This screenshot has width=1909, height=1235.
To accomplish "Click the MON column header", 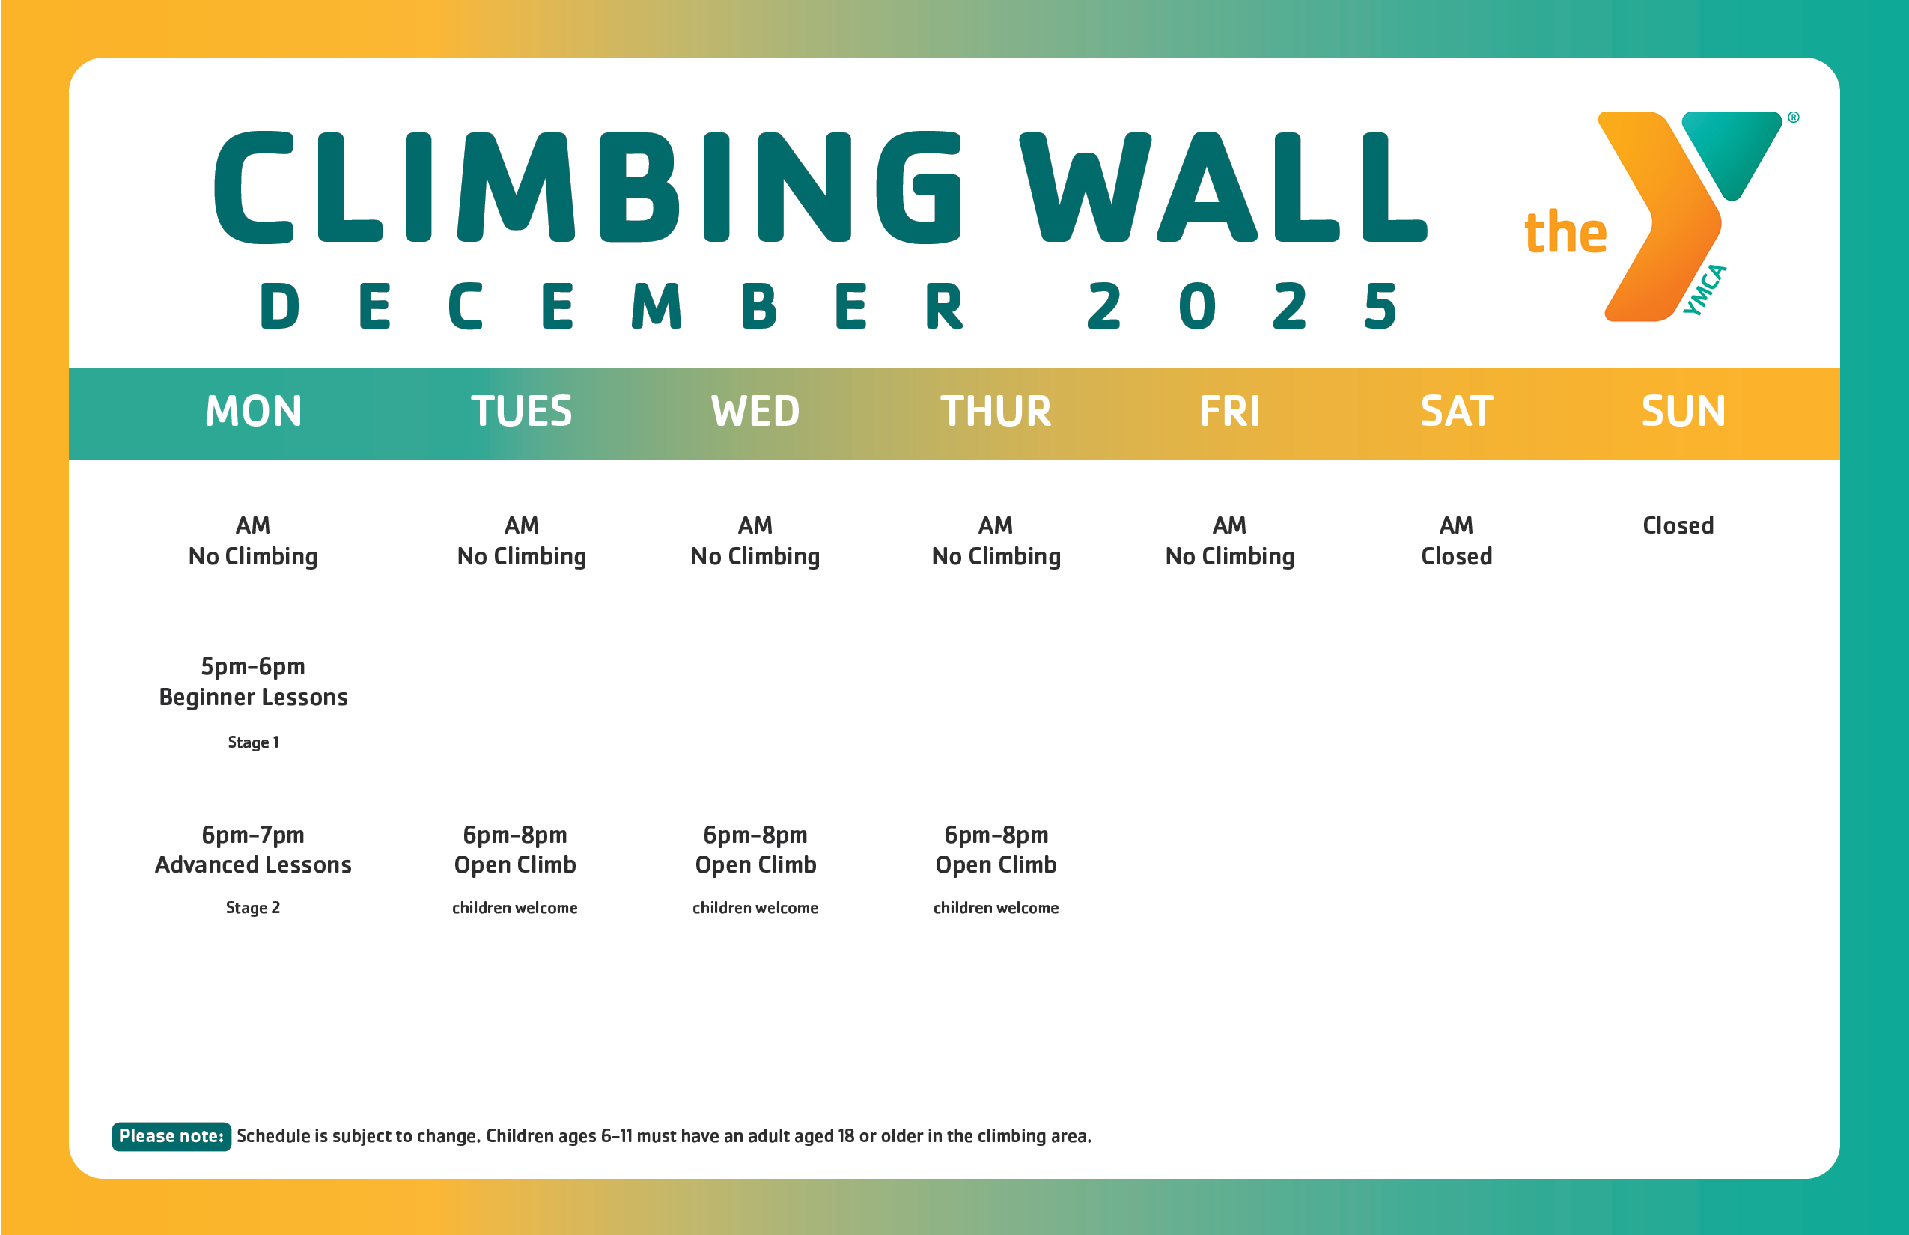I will [254, 412].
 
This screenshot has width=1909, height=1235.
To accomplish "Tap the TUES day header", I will [521, 412].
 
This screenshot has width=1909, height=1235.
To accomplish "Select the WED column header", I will [755, 412].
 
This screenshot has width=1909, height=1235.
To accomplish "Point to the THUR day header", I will [996, 412].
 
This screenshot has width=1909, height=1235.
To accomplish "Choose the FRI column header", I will [1229, 412].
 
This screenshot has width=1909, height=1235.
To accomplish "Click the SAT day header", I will [1457, 412].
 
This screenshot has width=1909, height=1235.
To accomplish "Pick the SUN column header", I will [1683, 412].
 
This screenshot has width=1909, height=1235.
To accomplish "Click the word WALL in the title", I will [1223, 189].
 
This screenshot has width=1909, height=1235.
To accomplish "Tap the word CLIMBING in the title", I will [587, 189].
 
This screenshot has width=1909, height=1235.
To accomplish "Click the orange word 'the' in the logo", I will [1565, 234].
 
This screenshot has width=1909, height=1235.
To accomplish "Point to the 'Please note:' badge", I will [171, 1136].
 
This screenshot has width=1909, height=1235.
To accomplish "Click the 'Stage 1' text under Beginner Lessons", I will [254, 742].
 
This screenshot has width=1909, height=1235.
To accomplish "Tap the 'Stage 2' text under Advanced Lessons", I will [253, 908].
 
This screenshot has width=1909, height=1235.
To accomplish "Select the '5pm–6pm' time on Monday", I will [253, 666].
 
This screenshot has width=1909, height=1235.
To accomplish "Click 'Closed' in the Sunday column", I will [1678, 526].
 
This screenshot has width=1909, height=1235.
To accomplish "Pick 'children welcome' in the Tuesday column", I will [515, 908].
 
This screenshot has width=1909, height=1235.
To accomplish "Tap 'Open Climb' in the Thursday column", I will [996, 865].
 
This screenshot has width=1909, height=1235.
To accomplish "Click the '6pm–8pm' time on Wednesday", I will [755, 835].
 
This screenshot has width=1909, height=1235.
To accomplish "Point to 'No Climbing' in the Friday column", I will [1229, 557].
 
